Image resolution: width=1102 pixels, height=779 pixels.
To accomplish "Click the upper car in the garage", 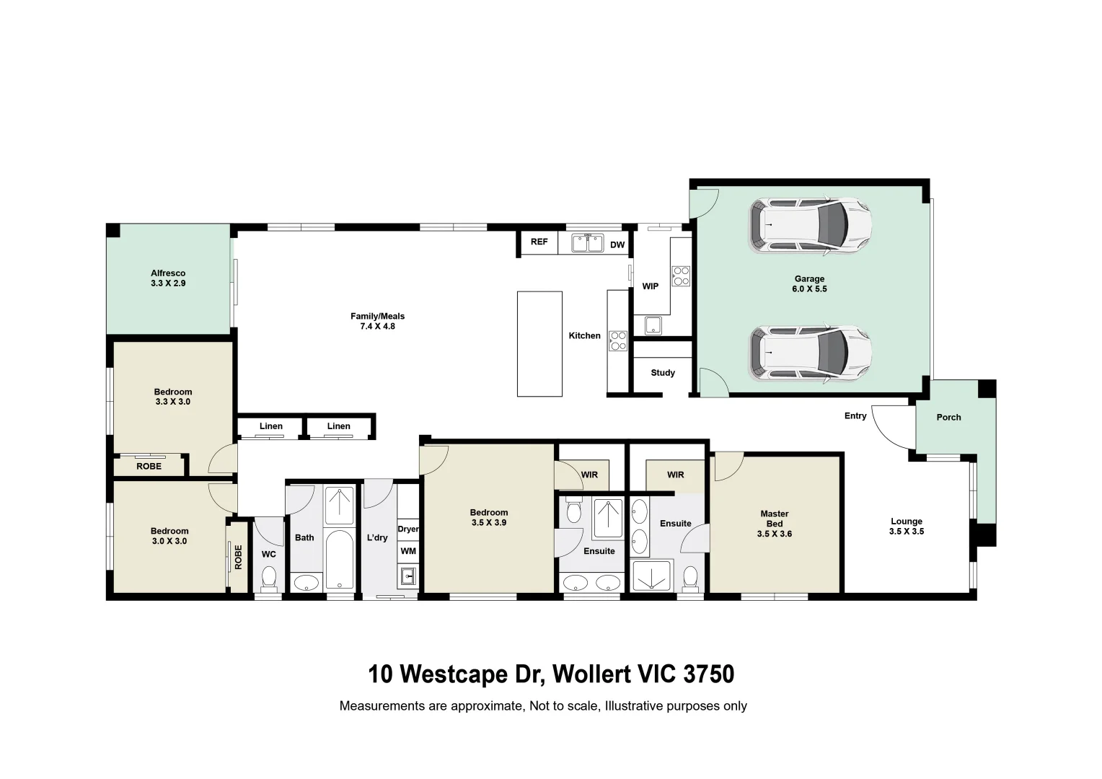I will point(810,225).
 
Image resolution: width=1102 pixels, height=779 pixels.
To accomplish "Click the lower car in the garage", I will point(810,353).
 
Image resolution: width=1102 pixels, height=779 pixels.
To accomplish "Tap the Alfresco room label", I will point(168,273).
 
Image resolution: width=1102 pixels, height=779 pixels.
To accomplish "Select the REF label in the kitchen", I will point(539,242).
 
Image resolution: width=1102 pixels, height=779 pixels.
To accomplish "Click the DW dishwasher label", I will point(617,245).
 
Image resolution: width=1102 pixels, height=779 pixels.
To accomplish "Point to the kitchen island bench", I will point(539,344).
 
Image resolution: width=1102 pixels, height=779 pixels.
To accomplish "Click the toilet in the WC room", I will point(268,578).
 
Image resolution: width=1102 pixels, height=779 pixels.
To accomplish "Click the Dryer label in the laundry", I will point(408,529).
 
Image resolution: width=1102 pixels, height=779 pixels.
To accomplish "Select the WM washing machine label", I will point(408,551).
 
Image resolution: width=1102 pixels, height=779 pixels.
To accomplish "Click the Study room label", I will point(663,373).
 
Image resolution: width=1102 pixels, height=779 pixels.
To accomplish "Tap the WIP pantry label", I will point(650,286).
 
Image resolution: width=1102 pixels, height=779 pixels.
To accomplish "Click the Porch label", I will point(948,418).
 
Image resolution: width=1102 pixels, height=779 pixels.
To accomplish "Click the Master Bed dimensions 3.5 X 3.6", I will point(775,534).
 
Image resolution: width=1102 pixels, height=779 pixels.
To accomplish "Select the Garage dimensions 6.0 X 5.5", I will point(809,289).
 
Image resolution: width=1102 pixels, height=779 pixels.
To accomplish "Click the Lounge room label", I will point(907,521).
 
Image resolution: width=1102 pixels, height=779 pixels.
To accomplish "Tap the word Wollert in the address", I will point(594,674).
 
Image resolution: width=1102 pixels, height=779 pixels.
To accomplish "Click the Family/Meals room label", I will point(377,316).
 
